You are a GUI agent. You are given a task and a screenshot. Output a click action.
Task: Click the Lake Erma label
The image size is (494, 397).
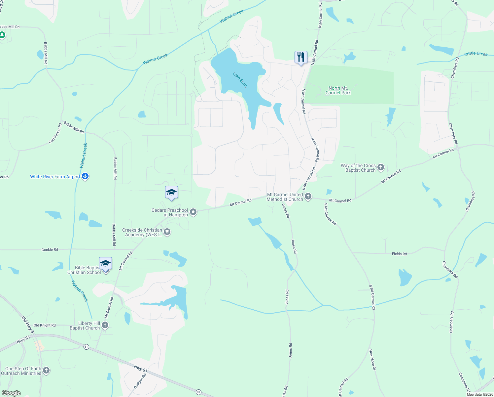[240, 80]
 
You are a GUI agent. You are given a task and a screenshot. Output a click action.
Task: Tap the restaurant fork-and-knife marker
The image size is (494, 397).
[301, 58]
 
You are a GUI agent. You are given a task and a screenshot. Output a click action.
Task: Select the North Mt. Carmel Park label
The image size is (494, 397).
[338, 90]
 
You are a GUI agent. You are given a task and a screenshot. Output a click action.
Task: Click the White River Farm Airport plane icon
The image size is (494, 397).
[85, 176]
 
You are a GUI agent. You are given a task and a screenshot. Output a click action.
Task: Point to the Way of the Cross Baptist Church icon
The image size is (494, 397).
[381, 167]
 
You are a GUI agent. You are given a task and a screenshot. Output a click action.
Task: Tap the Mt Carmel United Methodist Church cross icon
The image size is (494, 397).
[308, 197]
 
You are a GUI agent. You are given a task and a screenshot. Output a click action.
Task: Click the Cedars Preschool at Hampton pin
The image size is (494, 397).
[193, 212]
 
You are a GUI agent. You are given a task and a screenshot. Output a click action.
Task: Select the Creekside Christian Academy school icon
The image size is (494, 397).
[167, 232]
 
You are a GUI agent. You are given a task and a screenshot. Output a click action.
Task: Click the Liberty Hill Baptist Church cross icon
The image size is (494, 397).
[105, 325]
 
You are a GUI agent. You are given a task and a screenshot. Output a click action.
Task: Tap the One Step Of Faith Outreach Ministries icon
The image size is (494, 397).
[46, 371]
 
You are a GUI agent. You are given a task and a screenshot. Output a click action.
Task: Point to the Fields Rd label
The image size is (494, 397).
[399, 254]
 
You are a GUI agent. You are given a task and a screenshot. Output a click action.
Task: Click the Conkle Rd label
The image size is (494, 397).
[50, 249]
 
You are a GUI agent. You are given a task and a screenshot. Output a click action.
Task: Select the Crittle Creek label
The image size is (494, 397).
[476, 54]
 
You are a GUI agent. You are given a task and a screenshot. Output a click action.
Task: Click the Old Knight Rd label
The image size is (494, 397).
[45, 325]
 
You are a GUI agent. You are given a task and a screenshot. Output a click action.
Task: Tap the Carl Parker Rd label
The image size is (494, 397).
[55, 133]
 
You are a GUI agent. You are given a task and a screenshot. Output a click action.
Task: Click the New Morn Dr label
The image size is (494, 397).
[372, 360]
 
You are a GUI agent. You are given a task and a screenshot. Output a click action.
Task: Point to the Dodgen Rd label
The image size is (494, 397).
[140, 381]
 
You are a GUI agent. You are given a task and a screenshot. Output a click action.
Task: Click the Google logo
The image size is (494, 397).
[11, 393]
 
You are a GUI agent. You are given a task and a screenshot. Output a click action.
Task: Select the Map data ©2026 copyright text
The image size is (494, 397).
[479, 394]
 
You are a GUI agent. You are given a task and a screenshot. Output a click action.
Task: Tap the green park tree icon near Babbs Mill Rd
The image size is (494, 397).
[2, 35]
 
